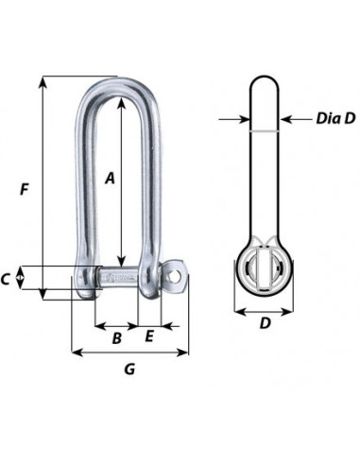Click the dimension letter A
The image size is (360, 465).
[x=110, y=178]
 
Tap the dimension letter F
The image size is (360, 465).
[x=25, y=189]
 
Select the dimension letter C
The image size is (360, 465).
[x=5, y=279]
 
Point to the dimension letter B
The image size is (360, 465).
[x=117, y=338]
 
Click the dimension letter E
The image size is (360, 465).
[x=149, y=336]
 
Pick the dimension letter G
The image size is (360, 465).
[x=129, y=369]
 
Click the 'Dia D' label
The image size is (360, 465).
[x=335, y=118]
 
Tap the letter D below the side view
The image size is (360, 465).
[x=266, y=323]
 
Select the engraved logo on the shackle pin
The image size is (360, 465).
[x=111, y=278]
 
